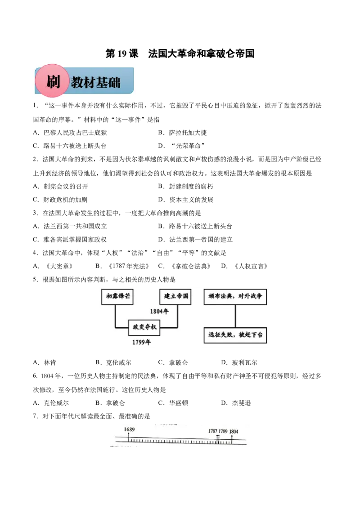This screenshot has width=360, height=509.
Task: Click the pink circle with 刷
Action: click(x=53, y=81)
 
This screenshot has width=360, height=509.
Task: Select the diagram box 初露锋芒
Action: click(x=117, y=297)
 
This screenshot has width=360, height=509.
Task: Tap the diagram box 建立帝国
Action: click(x=175, y=297)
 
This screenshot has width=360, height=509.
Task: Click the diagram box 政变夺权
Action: click(x=144, y=327)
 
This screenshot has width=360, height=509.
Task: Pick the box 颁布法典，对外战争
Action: click(x=235, y=297)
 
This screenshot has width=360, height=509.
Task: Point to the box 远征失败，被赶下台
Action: click(x=235, y=335)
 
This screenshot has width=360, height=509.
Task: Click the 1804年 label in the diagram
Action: click(x=159, y=312)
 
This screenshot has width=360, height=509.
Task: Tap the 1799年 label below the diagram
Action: click(x=141, y=342)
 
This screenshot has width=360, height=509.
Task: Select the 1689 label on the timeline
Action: click(x=129, y=429)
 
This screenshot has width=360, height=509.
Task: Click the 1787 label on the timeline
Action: click(x=212, y=431)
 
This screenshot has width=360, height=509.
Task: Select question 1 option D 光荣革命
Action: click(x=182, y=146)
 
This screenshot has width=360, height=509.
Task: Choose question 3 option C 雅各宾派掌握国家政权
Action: click(x=70, y=240)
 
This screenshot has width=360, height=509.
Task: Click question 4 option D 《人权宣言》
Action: click(x=244, y=266)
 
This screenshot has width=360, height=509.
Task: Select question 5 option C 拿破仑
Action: click(x=173, y=362)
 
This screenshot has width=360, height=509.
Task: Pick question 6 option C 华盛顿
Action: click(x=173, y=403)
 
